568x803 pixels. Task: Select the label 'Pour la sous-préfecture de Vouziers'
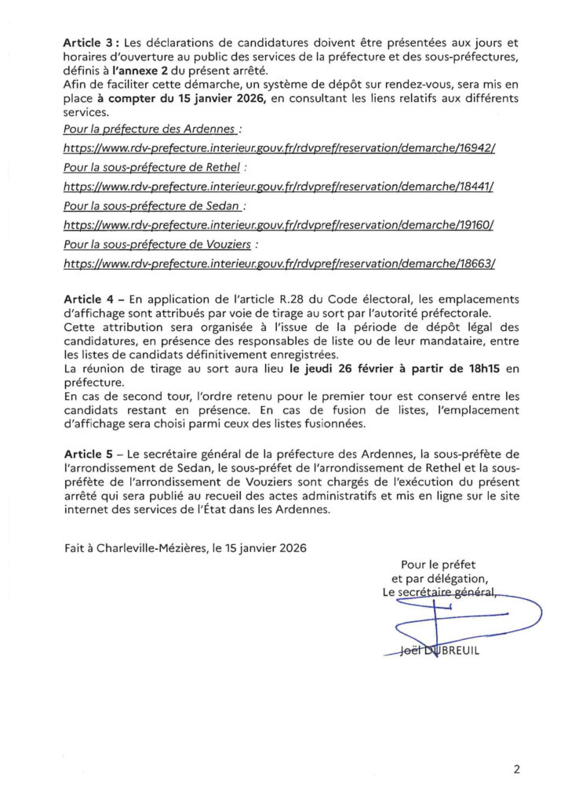tap(159, 245)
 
